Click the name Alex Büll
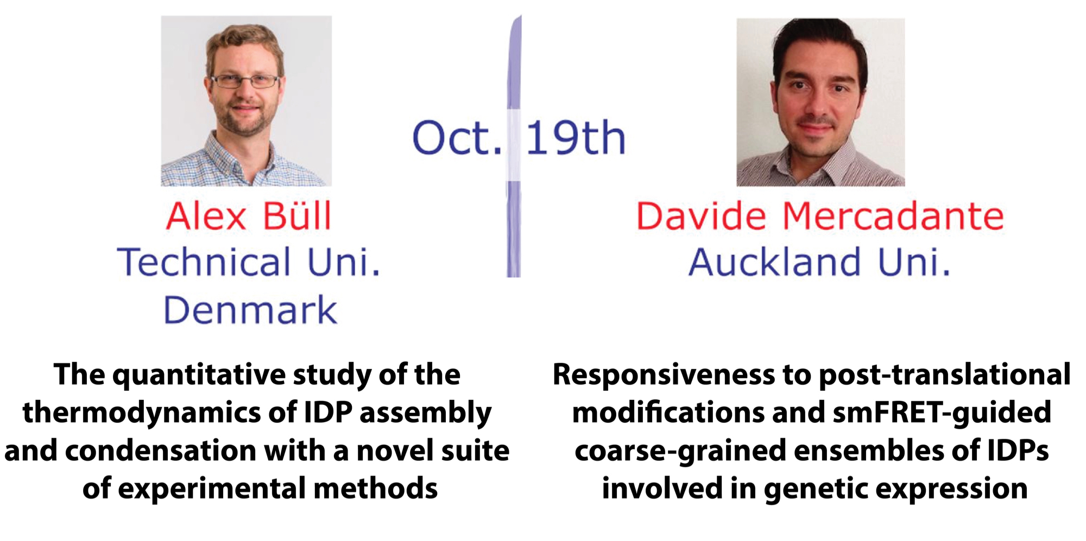click(249, 216)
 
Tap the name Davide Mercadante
click(820, 216)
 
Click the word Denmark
click(250, 310)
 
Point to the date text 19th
click(576, 138)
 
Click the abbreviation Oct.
click(457, 138)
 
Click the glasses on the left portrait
click(245, 81)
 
